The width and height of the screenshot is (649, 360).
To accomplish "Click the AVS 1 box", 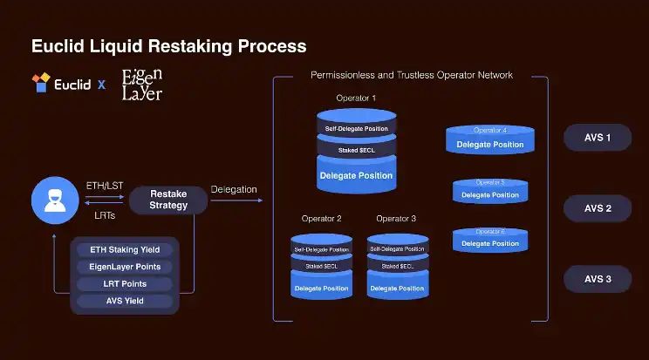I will (x=598, y=138).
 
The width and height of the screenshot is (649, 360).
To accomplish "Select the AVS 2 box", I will (x=598, y=209).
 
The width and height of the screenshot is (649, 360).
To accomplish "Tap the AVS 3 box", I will (x=598, y=280).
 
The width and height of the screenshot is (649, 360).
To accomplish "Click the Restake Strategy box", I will (x=168, y=200).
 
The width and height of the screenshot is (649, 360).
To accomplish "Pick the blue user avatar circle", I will (x=55, y=200).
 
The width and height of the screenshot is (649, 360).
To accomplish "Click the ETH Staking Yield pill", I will (x=125, y=250).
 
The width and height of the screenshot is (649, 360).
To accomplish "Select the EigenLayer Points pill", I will (x=125, y=267).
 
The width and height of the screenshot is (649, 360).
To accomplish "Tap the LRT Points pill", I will (x=125, y=284).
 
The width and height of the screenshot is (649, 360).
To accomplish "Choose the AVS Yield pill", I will (x=125, y=302).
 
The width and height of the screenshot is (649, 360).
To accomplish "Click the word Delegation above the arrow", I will (x=234, y=189).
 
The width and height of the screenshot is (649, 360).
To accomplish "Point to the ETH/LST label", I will (x=106, y=186).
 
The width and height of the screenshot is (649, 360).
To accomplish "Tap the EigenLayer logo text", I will (x=142, y=84).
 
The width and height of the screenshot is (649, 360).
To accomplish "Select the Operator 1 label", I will (x=356, y=98).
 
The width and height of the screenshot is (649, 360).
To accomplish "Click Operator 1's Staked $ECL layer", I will (x=356, y=151).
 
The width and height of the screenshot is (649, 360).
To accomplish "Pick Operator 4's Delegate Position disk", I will (x=490, y=143).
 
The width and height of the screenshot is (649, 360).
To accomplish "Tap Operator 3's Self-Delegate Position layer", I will (x=398, y=249).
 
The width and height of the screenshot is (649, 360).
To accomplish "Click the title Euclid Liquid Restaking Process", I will (x=168, y=45).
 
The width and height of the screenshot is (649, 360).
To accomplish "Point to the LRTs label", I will (x=106, y=214).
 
